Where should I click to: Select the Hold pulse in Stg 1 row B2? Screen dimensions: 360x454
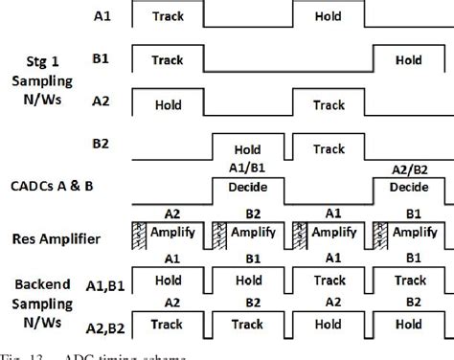[247, 150]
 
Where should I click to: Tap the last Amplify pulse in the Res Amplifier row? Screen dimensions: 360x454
[418, 233]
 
